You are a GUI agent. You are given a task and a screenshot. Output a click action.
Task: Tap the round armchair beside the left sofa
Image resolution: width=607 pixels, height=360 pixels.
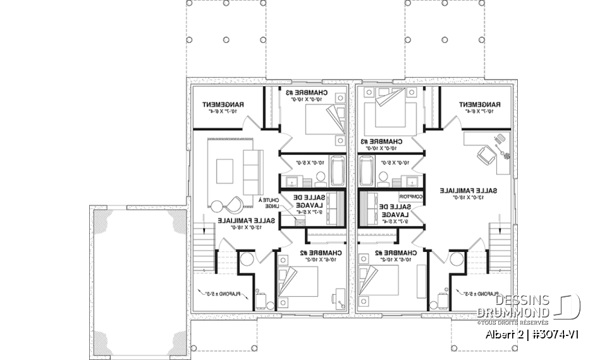233,204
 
